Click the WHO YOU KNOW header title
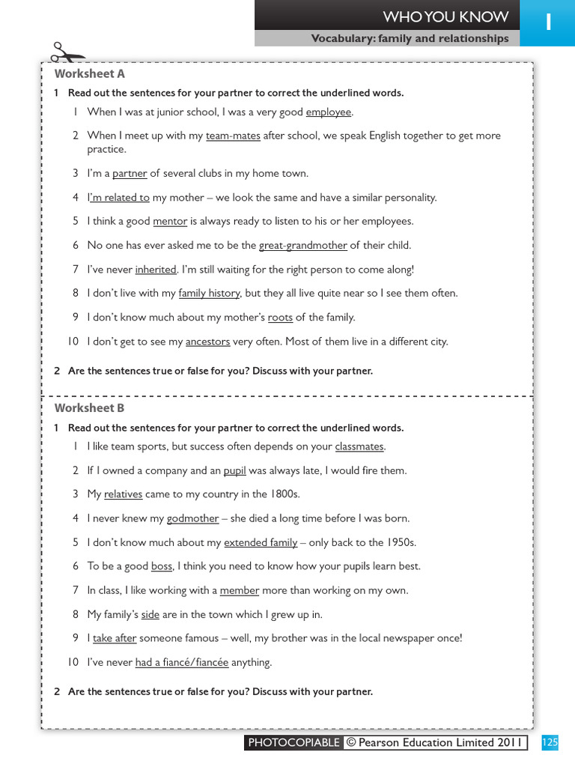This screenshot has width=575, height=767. click(x=445, y=16)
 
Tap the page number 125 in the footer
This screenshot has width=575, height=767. click(x=550, y=742)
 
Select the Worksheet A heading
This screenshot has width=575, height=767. click(x=89, y=73)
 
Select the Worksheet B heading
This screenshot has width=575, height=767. click(x=89, y=408)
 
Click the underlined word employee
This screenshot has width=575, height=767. click(x=328, y=112)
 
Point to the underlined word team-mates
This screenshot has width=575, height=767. click(x=233, y=136)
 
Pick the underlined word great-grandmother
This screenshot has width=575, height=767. click(x=302, y=246)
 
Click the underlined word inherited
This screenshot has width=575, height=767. click(x=156, y=270)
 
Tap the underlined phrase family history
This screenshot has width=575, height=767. click(x=209, y=294)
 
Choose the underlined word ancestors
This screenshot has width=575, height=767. click(x=207, y=342)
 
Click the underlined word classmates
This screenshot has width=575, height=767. click(x=359, y=446)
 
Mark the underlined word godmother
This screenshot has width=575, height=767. click(x=192, y=518)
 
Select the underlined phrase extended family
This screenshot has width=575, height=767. click(x=260, y=542)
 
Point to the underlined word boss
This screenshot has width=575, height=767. click(x=162, y=566)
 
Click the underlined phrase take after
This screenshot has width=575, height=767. click(x=115, y=638)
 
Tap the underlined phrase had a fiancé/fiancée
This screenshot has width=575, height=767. click(x=182, y=662)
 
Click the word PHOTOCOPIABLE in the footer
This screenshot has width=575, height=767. click(x=293, y=742)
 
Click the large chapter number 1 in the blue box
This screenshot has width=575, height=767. click(x=548, y=22)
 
